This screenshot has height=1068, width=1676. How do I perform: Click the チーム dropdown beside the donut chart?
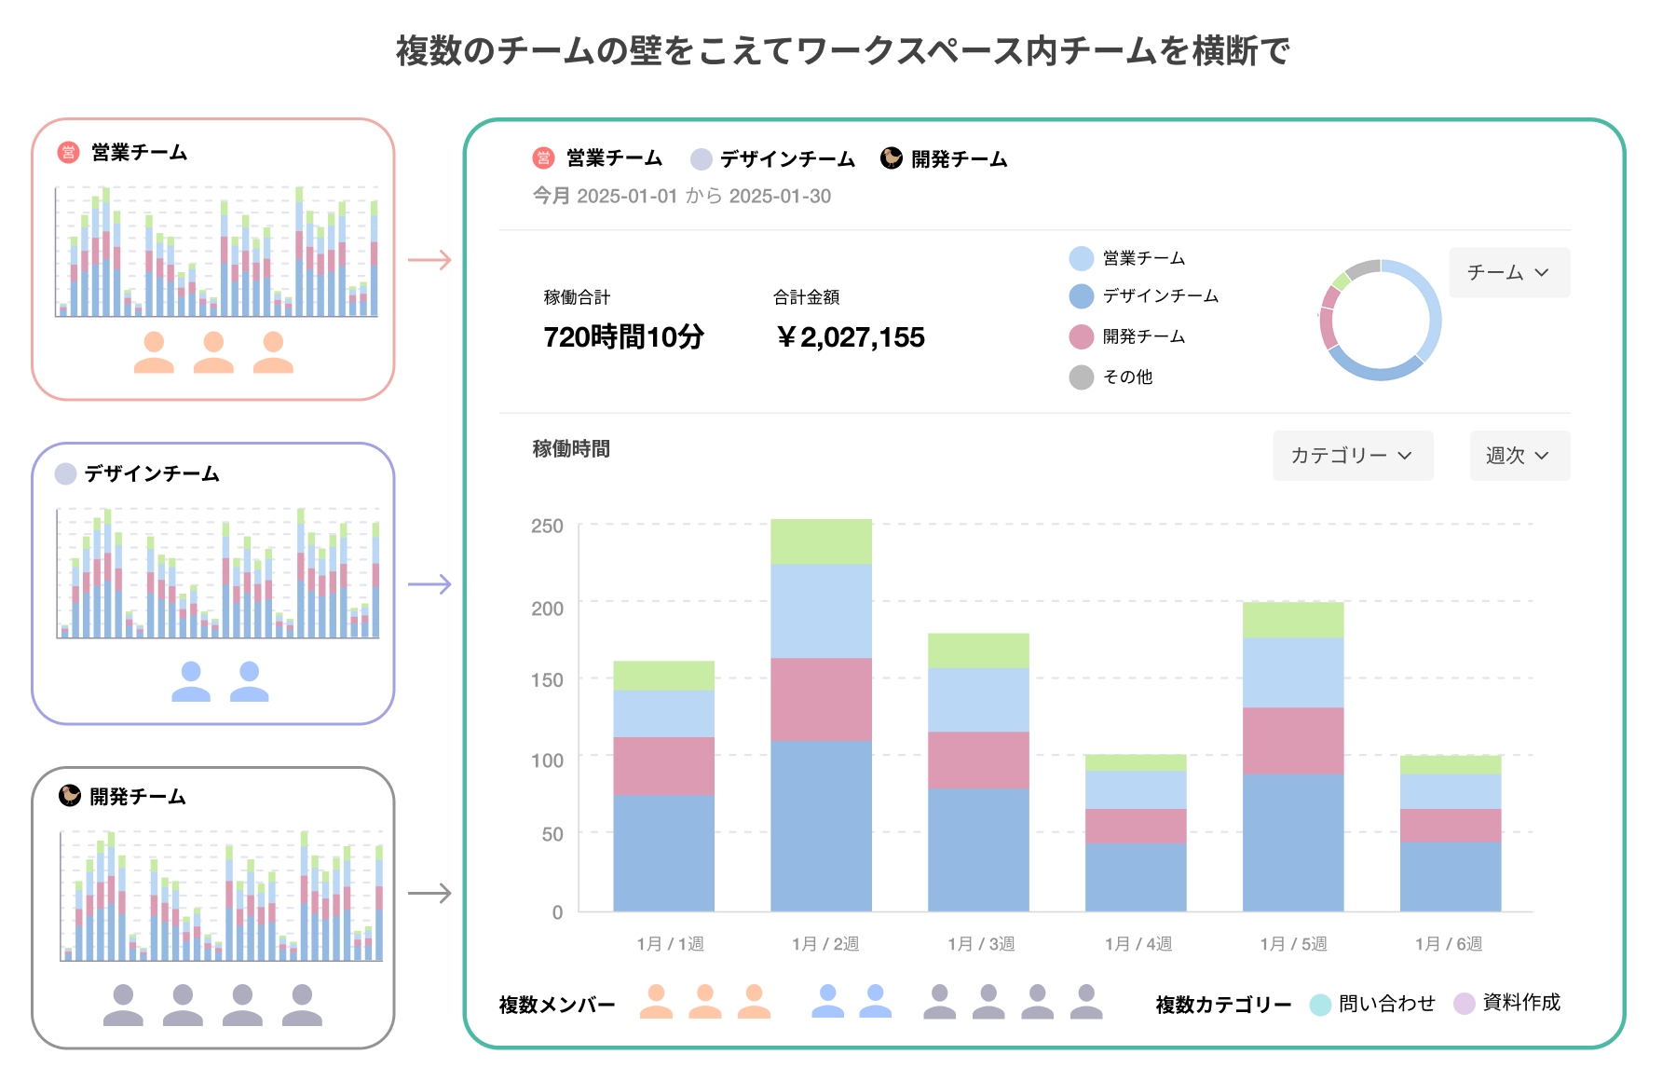click(1508, 272)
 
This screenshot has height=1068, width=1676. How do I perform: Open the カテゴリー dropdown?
click(1352, 456)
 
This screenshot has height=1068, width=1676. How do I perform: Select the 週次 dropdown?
click(1519, 456)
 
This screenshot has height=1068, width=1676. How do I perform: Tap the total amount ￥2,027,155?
click(850, 336)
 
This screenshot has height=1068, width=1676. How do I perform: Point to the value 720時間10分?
click(623, 336)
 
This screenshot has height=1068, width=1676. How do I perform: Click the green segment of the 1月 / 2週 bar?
click(821, 541)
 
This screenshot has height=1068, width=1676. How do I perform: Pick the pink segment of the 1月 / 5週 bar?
click(1292, 741)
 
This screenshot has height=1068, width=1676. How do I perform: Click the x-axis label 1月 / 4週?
click(1138, 944)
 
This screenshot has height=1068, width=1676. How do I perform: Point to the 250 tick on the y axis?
click(547, 526)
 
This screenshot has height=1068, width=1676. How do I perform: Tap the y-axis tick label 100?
click(547, 760)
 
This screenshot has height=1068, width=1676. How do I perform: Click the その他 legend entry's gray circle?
click(1081, 377)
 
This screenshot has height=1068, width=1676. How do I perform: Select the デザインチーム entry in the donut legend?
click(1160, 296)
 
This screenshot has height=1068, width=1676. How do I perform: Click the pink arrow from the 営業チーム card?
click(429, 260)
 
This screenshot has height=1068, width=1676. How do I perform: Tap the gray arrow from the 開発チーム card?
click(429, 894)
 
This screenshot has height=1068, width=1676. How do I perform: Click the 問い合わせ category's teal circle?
click(1319, 1005)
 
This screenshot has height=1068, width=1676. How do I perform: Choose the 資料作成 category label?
click(1520, 1003)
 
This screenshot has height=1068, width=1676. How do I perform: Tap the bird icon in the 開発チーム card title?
click(70, 795)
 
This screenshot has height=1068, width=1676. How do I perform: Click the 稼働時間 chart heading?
click(571, 449)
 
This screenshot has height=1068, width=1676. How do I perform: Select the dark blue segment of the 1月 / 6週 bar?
click(1450, 876)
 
